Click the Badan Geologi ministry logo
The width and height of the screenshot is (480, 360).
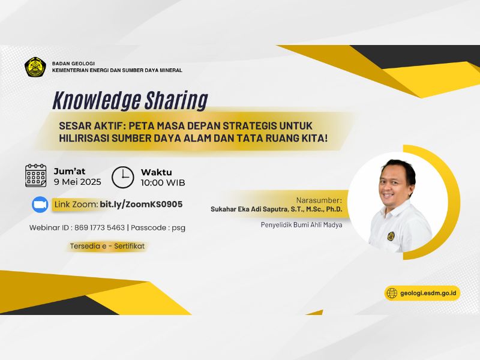click(35, 67)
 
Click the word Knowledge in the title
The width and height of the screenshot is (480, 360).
click(97, 100)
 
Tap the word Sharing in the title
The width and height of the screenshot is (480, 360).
click(176, 100)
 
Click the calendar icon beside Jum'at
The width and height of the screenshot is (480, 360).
click(35, 176)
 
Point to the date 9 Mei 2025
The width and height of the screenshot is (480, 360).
click(77, 182)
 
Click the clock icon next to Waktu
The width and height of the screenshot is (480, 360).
click(122, 177)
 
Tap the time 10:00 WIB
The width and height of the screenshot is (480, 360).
click(163, 183)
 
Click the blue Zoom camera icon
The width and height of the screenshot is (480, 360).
click(40, 205)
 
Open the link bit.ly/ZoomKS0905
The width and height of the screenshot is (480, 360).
click(141, 205)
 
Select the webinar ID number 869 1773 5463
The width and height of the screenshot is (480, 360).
click(100, 228)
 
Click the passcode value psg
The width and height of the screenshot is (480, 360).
click(178, 229)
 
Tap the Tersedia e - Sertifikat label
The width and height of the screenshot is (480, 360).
click(107, 246)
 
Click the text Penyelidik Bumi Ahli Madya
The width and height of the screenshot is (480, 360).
click(302, 224)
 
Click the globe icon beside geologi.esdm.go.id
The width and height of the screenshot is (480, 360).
click(392, 293)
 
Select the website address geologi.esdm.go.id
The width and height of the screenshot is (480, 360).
click(428, 293)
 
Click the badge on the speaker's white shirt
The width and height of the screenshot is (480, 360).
click(391, 236)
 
